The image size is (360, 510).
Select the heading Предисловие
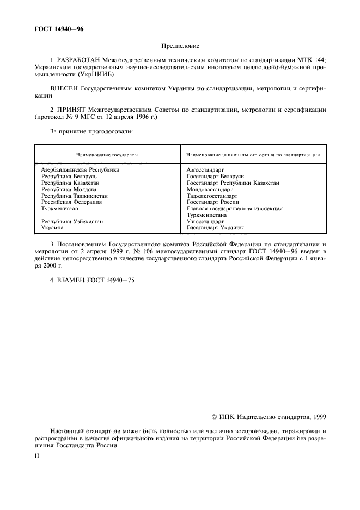click(180, 47)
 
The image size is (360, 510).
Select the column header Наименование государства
click(107, 155)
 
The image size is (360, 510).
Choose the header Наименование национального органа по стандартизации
click(253, 155)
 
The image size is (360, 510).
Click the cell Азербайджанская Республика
click(80, 170)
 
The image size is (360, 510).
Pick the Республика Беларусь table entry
click(69, 177)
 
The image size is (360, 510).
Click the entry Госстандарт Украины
click(215, 228)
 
